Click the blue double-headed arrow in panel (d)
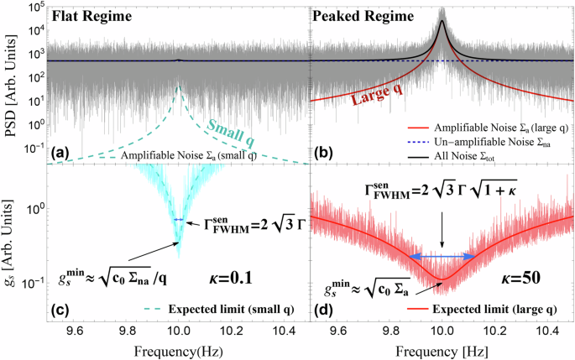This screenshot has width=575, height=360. point(443,256)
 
